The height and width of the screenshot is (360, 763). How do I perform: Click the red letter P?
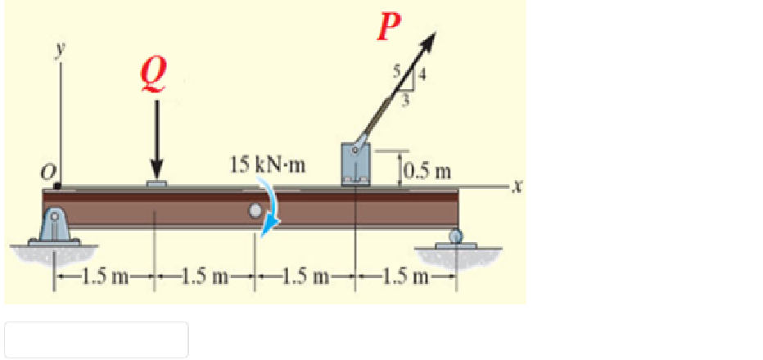coord(387,26)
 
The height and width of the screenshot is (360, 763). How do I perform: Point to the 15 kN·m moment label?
coord(267,165)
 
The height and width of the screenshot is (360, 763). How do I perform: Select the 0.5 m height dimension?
coord(428,172)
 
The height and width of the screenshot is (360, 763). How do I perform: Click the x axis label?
coord(514,187)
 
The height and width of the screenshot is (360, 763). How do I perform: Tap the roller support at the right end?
coord(453,236)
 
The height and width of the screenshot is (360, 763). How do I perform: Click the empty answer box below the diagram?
coord(97,340)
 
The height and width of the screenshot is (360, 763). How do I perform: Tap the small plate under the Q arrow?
coord(156,184)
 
